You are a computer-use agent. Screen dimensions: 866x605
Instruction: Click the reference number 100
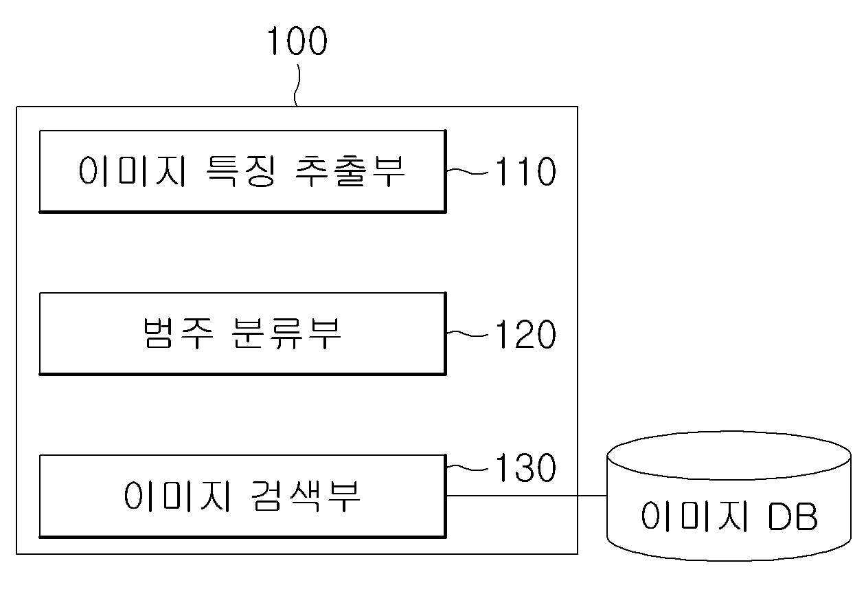click(x=297, y=41)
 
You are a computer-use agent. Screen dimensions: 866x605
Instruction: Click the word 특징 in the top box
click(x=241, y=171)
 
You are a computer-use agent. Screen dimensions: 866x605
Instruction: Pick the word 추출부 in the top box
click(x=350, y=171)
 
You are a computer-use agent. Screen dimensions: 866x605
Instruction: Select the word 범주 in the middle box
click(x=178, y=333)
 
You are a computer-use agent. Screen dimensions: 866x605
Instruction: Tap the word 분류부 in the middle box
click(x=287, y=333)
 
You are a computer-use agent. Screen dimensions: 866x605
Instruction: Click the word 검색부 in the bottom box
click(x=306, y=496)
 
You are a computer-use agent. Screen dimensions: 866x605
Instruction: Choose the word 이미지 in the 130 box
click(x=177, y=496)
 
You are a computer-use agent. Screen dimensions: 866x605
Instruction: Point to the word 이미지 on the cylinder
click(x=695, y=516)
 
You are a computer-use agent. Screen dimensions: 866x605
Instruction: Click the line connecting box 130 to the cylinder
click(x=527, y=496)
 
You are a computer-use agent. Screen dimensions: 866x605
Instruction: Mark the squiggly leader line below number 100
click(x=297, y=85)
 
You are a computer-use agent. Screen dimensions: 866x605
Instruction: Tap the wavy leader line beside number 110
click(x=467, y=171)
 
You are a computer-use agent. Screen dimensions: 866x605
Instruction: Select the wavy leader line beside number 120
click(x=467, y=334)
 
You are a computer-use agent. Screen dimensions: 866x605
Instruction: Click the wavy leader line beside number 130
click(x=467, y=468)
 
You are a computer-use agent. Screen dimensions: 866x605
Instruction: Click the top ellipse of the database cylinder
click(x=729, y=480)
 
